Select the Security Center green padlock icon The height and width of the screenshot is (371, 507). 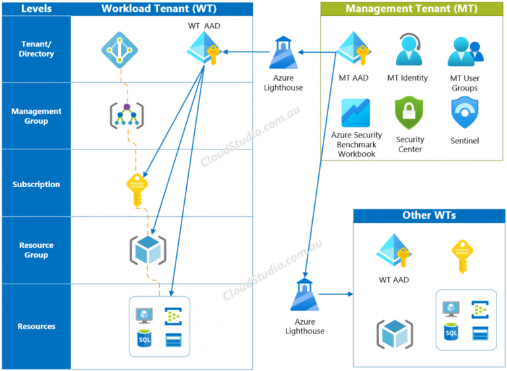pyautogui.click(x=409, y=113)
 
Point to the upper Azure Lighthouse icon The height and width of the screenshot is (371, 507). pyautogui.click(x=284, y=53)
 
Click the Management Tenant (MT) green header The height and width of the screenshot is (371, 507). pyautogui.click(x=411, y=9)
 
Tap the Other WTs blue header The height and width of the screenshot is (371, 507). pyautogui.click(x=428, y=216)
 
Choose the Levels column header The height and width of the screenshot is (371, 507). pyautogui.click(x=36, y=8)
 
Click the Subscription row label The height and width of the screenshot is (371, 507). pyautogui.click(x=36, y=185)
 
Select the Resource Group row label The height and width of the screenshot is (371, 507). pyautogui.click(x=36, y=250)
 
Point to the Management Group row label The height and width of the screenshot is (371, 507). pyautogui.click(x=36, y=116)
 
